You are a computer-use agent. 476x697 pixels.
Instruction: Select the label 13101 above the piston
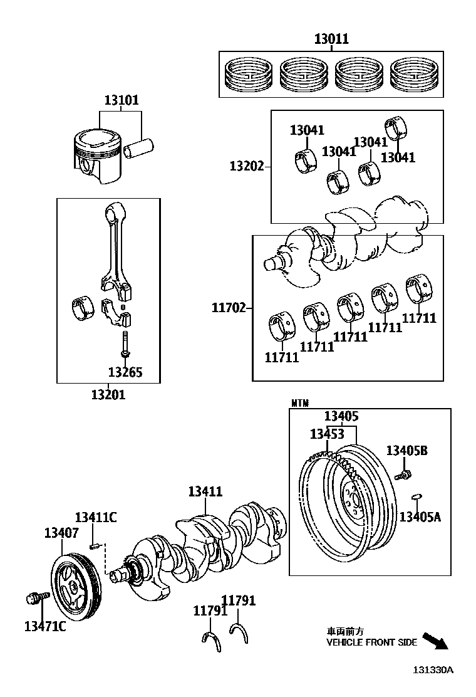(122, 100)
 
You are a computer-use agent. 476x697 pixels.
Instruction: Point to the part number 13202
(246, 166)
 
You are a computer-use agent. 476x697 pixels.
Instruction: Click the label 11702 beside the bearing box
(228, 308)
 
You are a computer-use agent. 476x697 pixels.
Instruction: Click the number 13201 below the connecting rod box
(108, 395)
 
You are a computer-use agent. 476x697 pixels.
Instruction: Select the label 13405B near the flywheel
(407, 450)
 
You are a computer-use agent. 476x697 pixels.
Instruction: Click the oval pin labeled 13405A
(416, 498)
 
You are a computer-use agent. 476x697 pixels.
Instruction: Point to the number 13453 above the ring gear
(327, 434)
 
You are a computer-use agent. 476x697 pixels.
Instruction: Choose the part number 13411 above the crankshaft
(205, 492)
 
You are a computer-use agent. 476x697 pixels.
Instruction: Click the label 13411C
(96, 517)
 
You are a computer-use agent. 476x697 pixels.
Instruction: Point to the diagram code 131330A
(432, 669)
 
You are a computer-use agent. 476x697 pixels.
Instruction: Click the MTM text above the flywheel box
(301, 402)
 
